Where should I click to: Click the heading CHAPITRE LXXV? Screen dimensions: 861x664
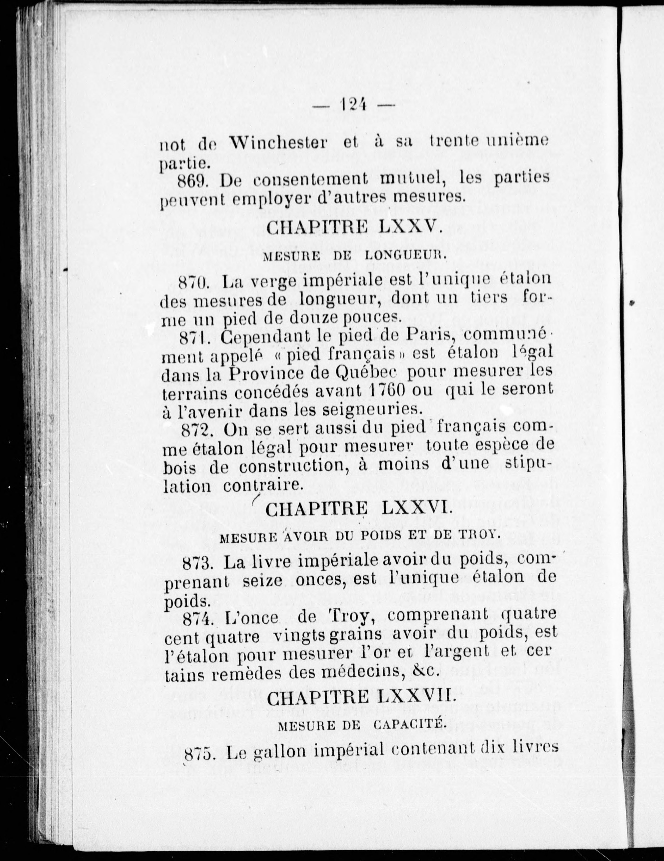pyautogui.click(x=352, y=227)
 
